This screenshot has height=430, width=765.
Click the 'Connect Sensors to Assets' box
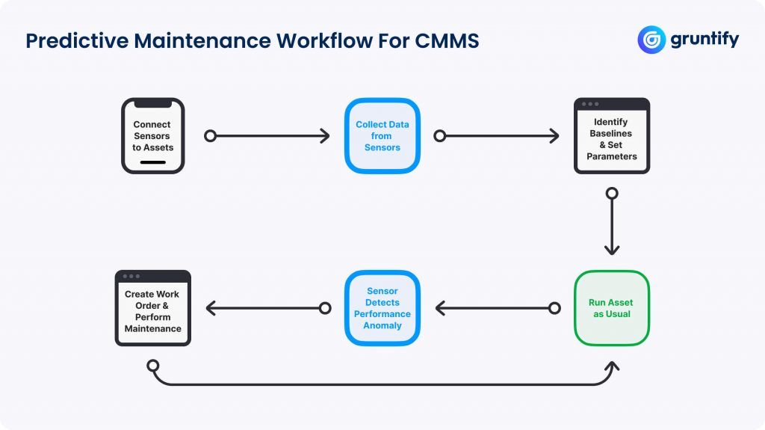click(152, 136)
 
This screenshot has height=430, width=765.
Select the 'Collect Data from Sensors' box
click(382, 136)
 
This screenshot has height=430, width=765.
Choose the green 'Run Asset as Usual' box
click(611, 308)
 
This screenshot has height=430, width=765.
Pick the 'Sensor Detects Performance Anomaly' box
click(382, 308)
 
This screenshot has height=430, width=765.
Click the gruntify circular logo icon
click(651, 40)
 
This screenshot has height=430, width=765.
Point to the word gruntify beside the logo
click(704, 40)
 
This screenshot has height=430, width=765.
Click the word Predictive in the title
click(76, 40)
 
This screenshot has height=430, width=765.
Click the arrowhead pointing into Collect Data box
click(325, 136)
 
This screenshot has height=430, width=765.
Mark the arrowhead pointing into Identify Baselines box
click(554, 136)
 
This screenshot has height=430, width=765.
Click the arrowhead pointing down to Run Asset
click(612, 250)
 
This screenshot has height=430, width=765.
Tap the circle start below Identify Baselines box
click(612, 194)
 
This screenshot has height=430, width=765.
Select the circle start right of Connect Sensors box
click(211, 136)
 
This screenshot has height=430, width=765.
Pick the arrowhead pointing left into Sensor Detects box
click(440, 308)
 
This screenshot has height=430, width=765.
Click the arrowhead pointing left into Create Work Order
click(211, 308)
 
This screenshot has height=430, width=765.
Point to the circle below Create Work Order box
click(153, 366)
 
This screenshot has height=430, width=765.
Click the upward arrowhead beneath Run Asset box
click(612, 366)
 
